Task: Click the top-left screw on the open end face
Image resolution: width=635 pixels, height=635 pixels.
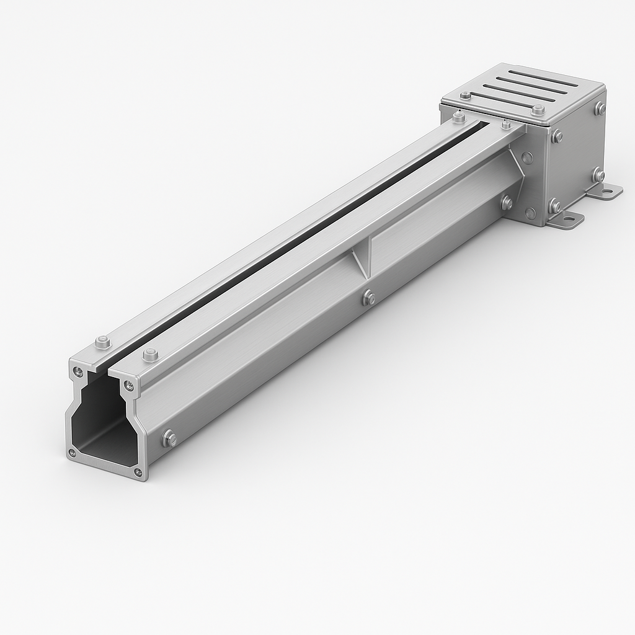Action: click(x=78, y=371)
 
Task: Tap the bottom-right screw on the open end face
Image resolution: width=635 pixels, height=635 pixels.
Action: click(x=137, y=474)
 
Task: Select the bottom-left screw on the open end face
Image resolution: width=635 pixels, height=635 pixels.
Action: click(x=73, y=453)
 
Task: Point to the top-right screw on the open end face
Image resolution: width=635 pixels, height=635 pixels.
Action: click(x=128, y=386)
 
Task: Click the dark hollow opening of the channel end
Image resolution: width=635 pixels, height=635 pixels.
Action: click(x=99, y=422)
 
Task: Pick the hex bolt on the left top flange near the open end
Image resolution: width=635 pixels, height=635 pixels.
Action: click(x=103, y=341)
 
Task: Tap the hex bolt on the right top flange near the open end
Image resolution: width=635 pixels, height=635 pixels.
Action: click(x=150, y=355)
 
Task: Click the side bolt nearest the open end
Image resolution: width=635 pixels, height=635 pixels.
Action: click(x=169, y=438)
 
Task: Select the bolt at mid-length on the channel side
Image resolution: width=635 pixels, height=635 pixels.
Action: click(x=368, y=298)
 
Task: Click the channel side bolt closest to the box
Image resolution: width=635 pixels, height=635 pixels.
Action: click(x=506, y=202)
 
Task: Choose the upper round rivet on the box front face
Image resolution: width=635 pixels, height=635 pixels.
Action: click(x=527, y=158)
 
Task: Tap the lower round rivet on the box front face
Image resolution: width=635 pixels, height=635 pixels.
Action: click(x=530, y=213)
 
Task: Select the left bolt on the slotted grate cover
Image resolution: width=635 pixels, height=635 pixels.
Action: click(x=465, y=95)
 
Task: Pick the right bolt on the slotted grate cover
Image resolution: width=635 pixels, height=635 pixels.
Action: click(x=538, y=110)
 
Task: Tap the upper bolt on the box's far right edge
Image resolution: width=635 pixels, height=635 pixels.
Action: click(x=600, y=109)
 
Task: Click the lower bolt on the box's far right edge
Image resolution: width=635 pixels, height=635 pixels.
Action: click(x=598, y=175)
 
